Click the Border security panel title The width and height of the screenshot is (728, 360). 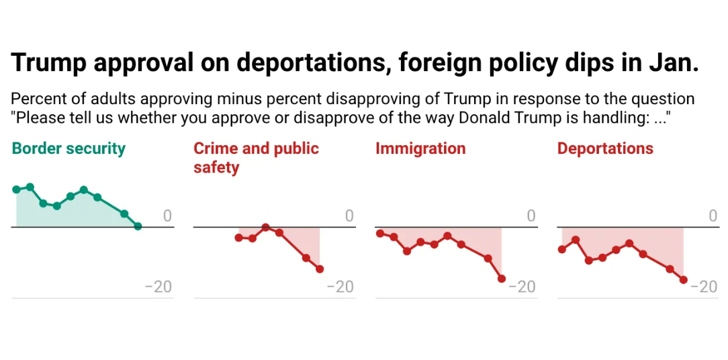pos(69,148)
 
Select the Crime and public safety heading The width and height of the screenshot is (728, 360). pos(256,157)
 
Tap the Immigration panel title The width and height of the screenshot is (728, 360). pos(420,148)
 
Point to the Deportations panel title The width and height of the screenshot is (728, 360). pos(605,148)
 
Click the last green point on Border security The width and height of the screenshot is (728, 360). pos(138,226)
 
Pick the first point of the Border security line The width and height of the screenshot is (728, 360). pos(16,189)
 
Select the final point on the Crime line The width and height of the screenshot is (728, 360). pos(320,269)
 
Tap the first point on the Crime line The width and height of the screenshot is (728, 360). pos(238,238)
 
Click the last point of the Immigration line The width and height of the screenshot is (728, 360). pos(502,278)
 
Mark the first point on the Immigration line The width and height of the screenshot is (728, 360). pos(380,233)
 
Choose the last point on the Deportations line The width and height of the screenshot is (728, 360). pos(684,279)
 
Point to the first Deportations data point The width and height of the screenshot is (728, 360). pos(562,249)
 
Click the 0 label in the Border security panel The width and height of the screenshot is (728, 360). pos(167,216)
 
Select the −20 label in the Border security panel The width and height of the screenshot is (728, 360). pos(158,287)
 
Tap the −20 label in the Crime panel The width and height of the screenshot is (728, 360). pos(340,287)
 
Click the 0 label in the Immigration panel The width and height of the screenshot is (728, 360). pos(531,216)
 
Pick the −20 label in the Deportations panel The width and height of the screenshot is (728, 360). pos(704,287)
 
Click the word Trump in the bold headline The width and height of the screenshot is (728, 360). pos(49,62)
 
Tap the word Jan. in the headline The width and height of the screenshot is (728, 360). pos(674,62)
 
